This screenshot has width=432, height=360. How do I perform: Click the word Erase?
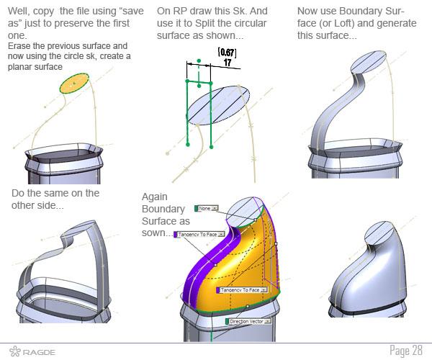coord(19,45)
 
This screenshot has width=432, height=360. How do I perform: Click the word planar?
coord(21,66)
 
